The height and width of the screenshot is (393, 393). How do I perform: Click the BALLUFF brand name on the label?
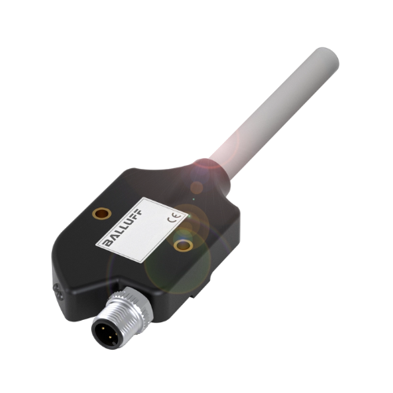click(x=124, y=236)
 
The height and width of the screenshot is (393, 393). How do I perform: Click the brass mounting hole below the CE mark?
click(x=183, y=246)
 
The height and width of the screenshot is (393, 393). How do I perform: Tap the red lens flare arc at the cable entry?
click(x=206, y=166)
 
